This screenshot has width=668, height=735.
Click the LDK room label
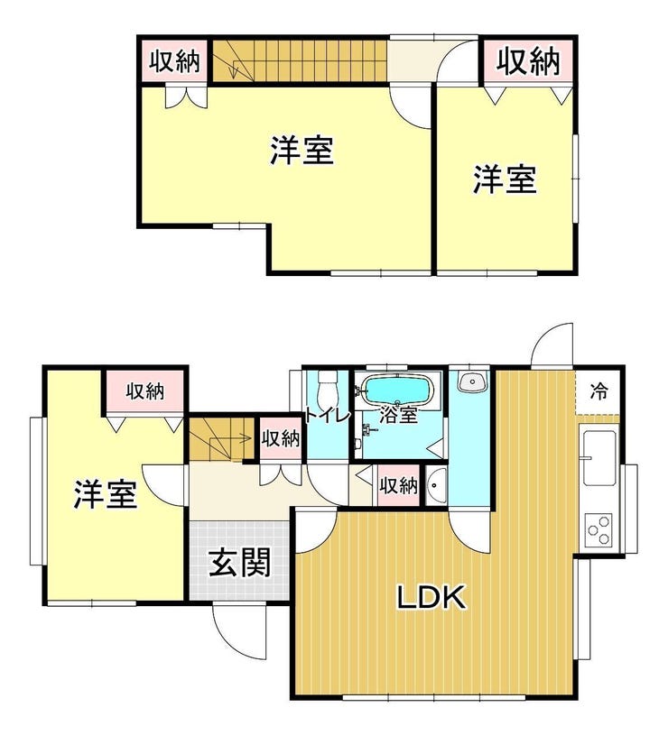click(x=431, y=596)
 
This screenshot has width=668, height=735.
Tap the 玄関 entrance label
click(x=240, y=562)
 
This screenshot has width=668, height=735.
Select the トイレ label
click(x=328, y=416)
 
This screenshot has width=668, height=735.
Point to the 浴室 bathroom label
click(x=398, y=416)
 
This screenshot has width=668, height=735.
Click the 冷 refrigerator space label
click(x=598, y=390)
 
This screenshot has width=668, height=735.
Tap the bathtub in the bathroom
click(x=397, y=390)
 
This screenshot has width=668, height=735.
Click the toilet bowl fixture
click(x=326, y=388)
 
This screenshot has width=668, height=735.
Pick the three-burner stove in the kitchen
click(x=599, y=529)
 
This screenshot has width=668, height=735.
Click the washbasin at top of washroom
click(x=472, y=382)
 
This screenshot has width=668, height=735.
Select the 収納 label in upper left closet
click(x=174, y=61)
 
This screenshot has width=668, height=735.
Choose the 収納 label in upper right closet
click(x=528, y=61)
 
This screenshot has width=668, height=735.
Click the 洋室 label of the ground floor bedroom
click(x=105, y=494)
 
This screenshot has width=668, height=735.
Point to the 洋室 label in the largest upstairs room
click(x=302, y=151)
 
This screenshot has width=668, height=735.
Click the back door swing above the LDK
click(x=552, y=345)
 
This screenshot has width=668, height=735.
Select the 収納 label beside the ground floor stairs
click(x=281, y=439)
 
